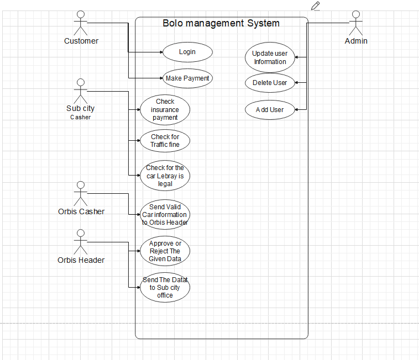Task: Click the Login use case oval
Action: (187, 52)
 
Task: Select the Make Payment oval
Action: (187, 78)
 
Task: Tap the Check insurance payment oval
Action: (165, 110)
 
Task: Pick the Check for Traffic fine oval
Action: (165, 141)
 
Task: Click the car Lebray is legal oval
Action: (165, 176)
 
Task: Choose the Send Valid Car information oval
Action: (165, 215)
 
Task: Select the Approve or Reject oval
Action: (165, 251)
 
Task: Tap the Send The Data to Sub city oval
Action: (165, 288)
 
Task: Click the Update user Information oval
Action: (270, 57)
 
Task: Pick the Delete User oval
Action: (270, 83)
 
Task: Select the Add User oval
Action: (270, 110)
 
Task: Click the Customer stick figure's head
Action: (81, 14)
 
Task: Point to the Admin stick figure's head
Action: (356, 14)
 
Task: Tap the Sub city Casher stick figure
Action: (81, 91)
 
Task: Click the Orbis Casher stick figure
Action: (81, 194)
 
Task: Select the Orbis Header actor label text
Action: (81, 260)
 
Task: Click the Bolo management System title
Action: (221, 23)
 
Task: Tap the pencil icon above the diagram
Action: (316, 6)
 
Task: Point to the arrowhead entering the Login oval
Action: (161, 52)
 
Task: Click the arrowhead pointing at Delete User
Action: (296, 83)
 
